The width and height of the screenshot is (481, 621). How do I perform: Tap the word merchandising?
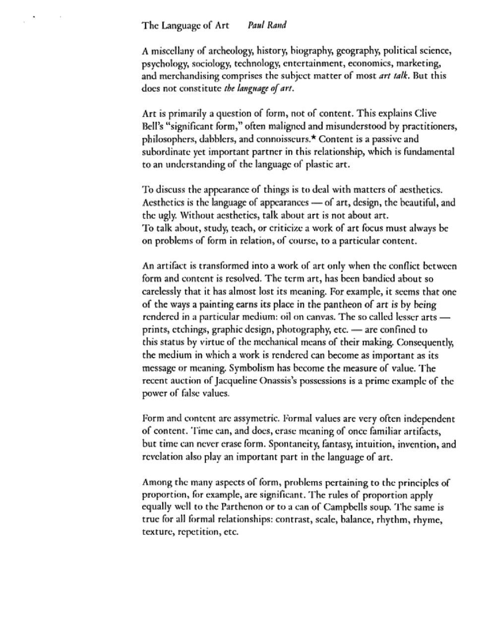click(x=185, y=76)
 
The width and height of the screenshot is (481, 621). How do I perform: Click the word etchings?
click(x=185, y=330)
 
